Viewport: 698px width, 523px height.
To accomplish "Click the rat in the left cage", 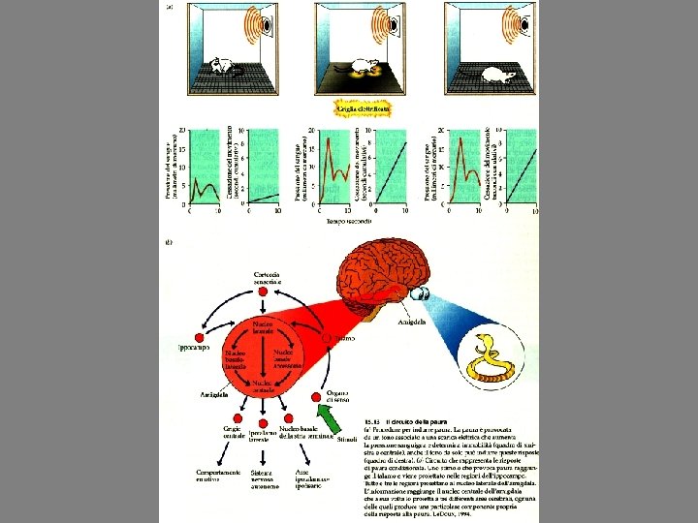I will [x=225, y=66].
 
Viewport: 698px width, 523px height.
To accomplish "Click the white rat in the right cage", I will [x=501, y=75].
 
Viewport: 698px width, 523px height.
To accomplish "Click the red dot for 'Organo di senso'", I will [x=317, y=397].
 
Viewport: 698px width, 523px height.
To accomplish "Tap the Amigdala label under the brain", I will [x=410, y=321].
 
